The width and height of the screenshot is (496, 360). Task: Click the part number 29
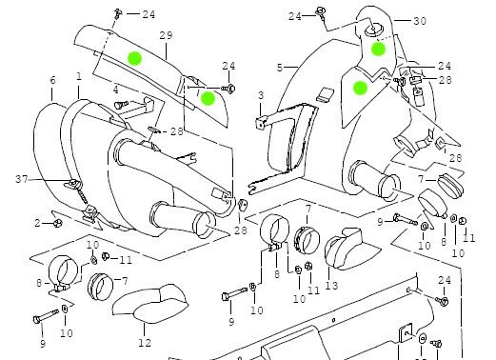[x=166, y=35]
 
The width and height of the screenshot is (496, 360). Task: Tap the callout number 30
[x=420, y=21]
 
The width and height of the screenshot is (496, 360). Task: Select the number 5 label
[x=280, y=68]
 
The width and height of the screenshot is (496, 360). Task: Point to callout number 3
[x=261, y=95]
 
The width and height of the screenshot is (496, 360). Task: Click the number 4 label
[x=116, y=90]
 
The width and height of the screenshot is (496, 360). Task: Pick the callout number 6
[x=52, y=80]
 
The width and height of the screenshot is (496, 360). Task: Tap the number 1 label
[x=79, y=76]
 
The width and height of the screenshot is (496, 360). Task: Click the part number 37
[x=22, y=179]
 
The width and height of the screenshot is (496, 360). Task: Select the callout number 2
[x=37, y=223]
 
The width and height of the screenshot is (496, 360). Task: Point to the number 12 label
[x=145, y=343]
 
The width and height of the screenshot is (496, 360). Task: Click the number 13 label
[x=331, y=286]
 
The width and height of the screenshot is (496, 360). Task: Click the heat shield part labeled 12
[x=149, y=304]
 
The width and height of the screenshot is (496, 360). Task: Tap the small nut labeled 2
[x=58, y=223]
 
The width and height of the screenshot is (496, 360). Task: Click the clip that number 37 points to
[x=73, y=184]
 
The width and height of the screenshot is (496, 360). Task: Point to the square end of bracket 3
[x=260, y=123]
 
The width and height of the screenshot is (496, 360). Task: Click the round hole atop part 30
[x=373, y=30]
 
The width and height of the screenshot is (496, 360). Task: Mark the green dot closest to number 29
[x=134, y=58]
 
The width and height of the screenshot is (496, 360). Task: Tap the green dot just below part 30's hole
[x=378, y=49]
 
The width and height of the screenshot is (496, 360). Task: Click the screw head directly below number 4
[x=119, y=104]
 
